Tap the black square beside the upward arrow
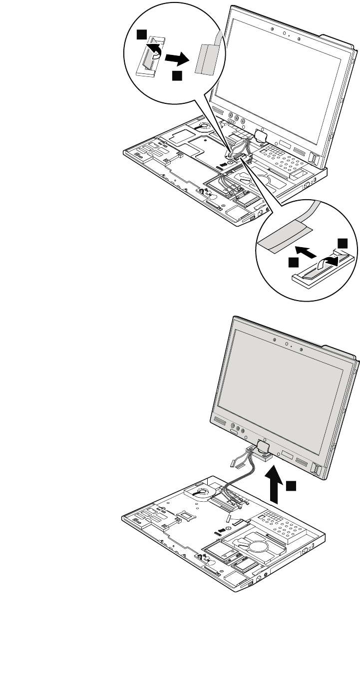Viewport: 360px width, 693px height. click(x=292, y=484)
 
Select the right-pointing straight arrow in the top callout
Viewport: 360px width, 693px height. click(x=178, y=58)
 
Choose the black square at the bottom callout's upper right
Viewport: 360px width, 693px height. click(x=342, y=243)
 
